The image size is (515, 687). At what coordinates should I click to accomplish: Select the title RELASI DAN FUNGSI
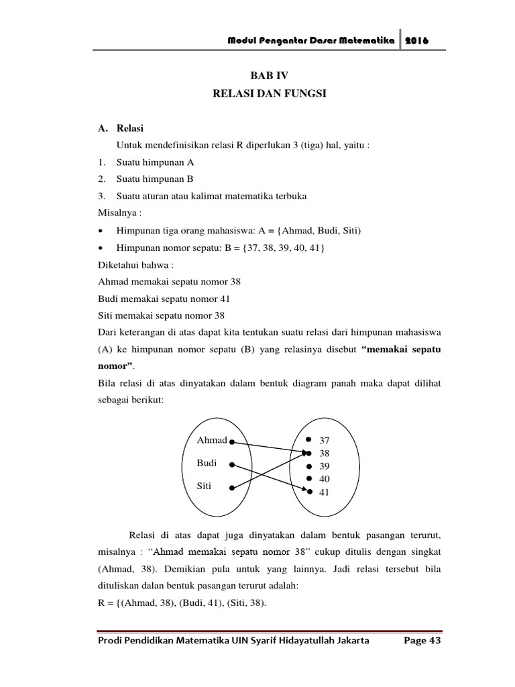click(x=269, y=95)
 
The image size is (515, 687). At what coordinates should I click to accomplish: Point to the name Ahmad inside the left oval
click(x=212, y=441)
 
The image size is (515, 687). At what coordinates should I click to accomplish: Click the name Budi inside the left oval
click(x=207, y=463)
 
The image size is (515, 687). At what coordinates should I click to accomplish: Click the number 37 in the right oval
click(x=325, y=441)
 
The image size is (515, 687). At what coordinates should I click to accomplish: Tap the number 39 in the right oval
click(x=325, y=466)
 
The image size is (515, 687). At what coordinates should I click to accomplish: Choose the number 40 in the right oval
click(x=325, y=479)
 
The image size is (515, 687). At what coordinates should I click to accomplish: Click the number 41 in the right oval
click(x=325, y=492)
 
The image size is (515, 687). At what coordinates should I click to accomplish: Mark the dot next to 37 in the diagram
click(x=308, y=439)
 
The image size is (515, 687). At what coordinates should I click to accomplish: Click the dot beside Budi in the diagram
click(x=231, y=464)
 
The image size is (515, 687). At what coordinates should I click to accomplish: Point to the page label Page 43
click(x=421, y=641)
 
